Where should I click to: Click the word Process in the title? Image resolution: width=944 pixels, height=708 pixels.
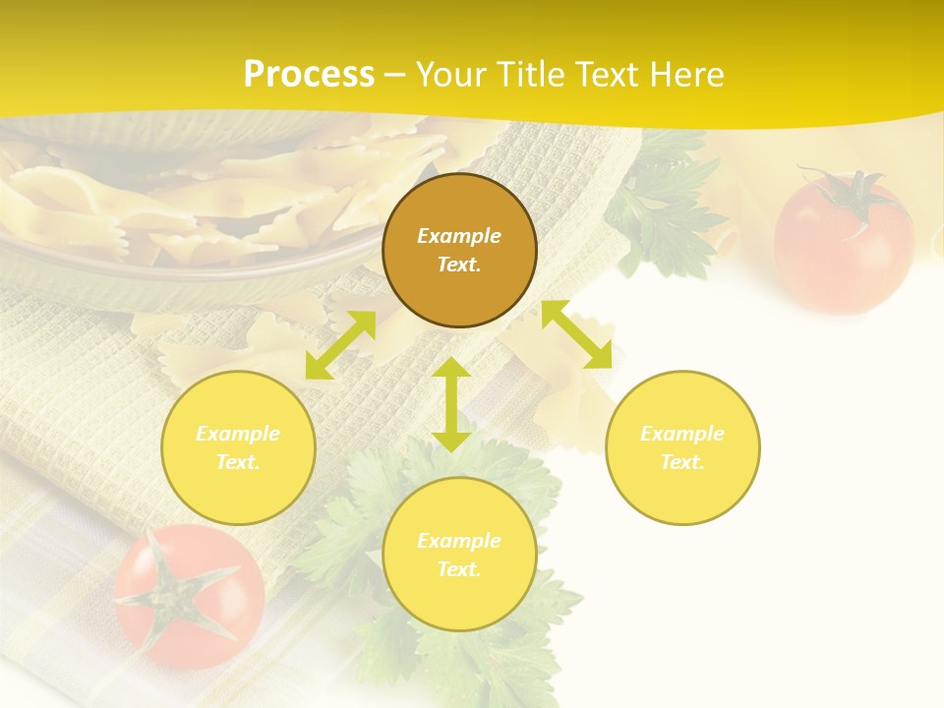pos(309,75)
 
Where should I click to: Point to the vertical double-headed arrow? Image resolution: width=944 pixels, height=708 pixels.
pos(451,404)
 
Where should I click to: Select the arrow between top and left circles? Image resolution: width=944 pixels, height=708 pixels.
pos(340,345)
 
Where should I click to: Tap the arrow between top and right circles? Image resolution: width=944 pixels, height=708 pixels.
pos(577,334)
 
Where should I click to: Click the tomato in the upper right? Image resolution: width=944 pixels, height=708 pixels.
pos(843,246)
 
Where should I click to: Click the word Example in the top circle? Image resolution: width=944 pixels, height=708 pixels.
pos(459,236)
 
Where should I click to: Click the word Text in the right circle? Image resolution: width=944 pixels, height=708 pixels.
pos(681,462)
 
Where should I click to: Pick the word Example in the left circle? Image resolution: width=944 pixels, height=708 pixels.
pos(238,434)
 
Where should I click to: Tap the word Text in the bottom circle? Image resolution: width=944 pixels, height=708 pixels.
pos(458,569)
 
